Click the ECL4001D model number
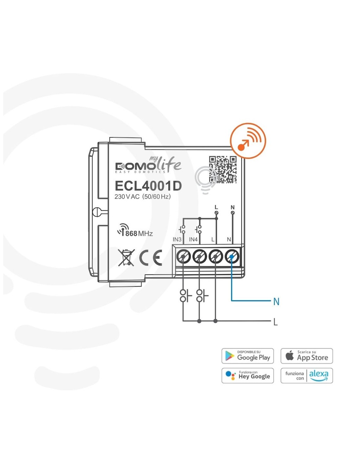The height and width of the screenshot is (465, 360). [148, 186]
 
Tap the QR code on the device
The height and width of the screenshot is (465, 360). [223, 170]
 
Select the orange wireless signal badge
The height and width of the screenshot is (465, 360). [248, 141]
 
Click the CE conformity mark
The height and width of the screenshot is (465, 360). [151, 258]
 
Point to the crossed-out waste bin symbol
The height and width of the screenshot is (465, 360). [126, 258]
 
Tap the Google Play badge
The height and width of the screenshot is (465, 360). [247, 356]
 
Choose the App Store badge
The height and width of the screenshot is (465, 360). [307, 356]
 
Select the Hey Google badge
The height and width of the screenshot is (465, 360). [247, 375]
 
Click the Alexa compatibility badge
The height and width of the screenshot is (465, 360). [307, 375]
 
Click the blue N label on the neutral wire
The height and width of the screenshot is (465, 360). [276, 302]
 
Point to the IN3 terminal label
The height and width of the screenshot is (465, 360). [177, 239]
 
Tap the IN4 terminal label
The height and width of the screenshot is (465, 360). [193, 239]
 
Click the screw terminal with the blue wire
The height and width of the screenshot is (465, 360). [232, 257]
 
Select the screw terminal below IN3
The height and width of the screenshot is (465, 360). [183, 257]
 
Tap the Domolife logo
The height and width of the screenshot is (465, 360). [148, 165]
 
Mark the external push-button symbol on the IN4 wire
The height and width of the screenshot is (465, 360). [202, 296]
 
